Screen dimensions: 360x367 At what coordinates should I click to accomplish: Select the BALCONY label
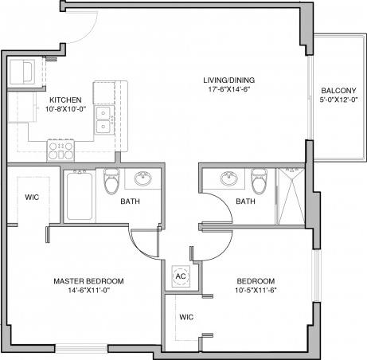pos(338,91)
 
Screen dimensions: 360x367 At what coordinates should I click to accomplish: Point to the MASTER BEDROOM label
pos(88,282)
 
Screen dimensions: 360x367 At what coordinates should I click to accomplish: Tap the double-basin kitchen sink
pos(103,121)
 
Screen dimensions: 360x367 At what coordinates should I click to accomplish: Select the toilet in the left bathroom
pos(111,183)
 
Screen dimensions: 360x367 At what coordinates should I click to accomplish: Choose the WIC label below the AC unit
pos(185,316)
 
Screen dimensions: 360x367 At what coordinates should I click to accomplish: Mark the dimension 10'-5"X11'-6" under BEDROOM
pos(255,292)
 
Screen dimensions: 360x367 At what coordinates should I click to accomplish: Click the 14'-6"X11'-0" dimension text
pos(88,292)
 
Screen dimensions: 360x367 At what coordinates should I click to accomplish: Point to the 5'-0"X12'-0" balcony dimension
pos(338,101)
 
